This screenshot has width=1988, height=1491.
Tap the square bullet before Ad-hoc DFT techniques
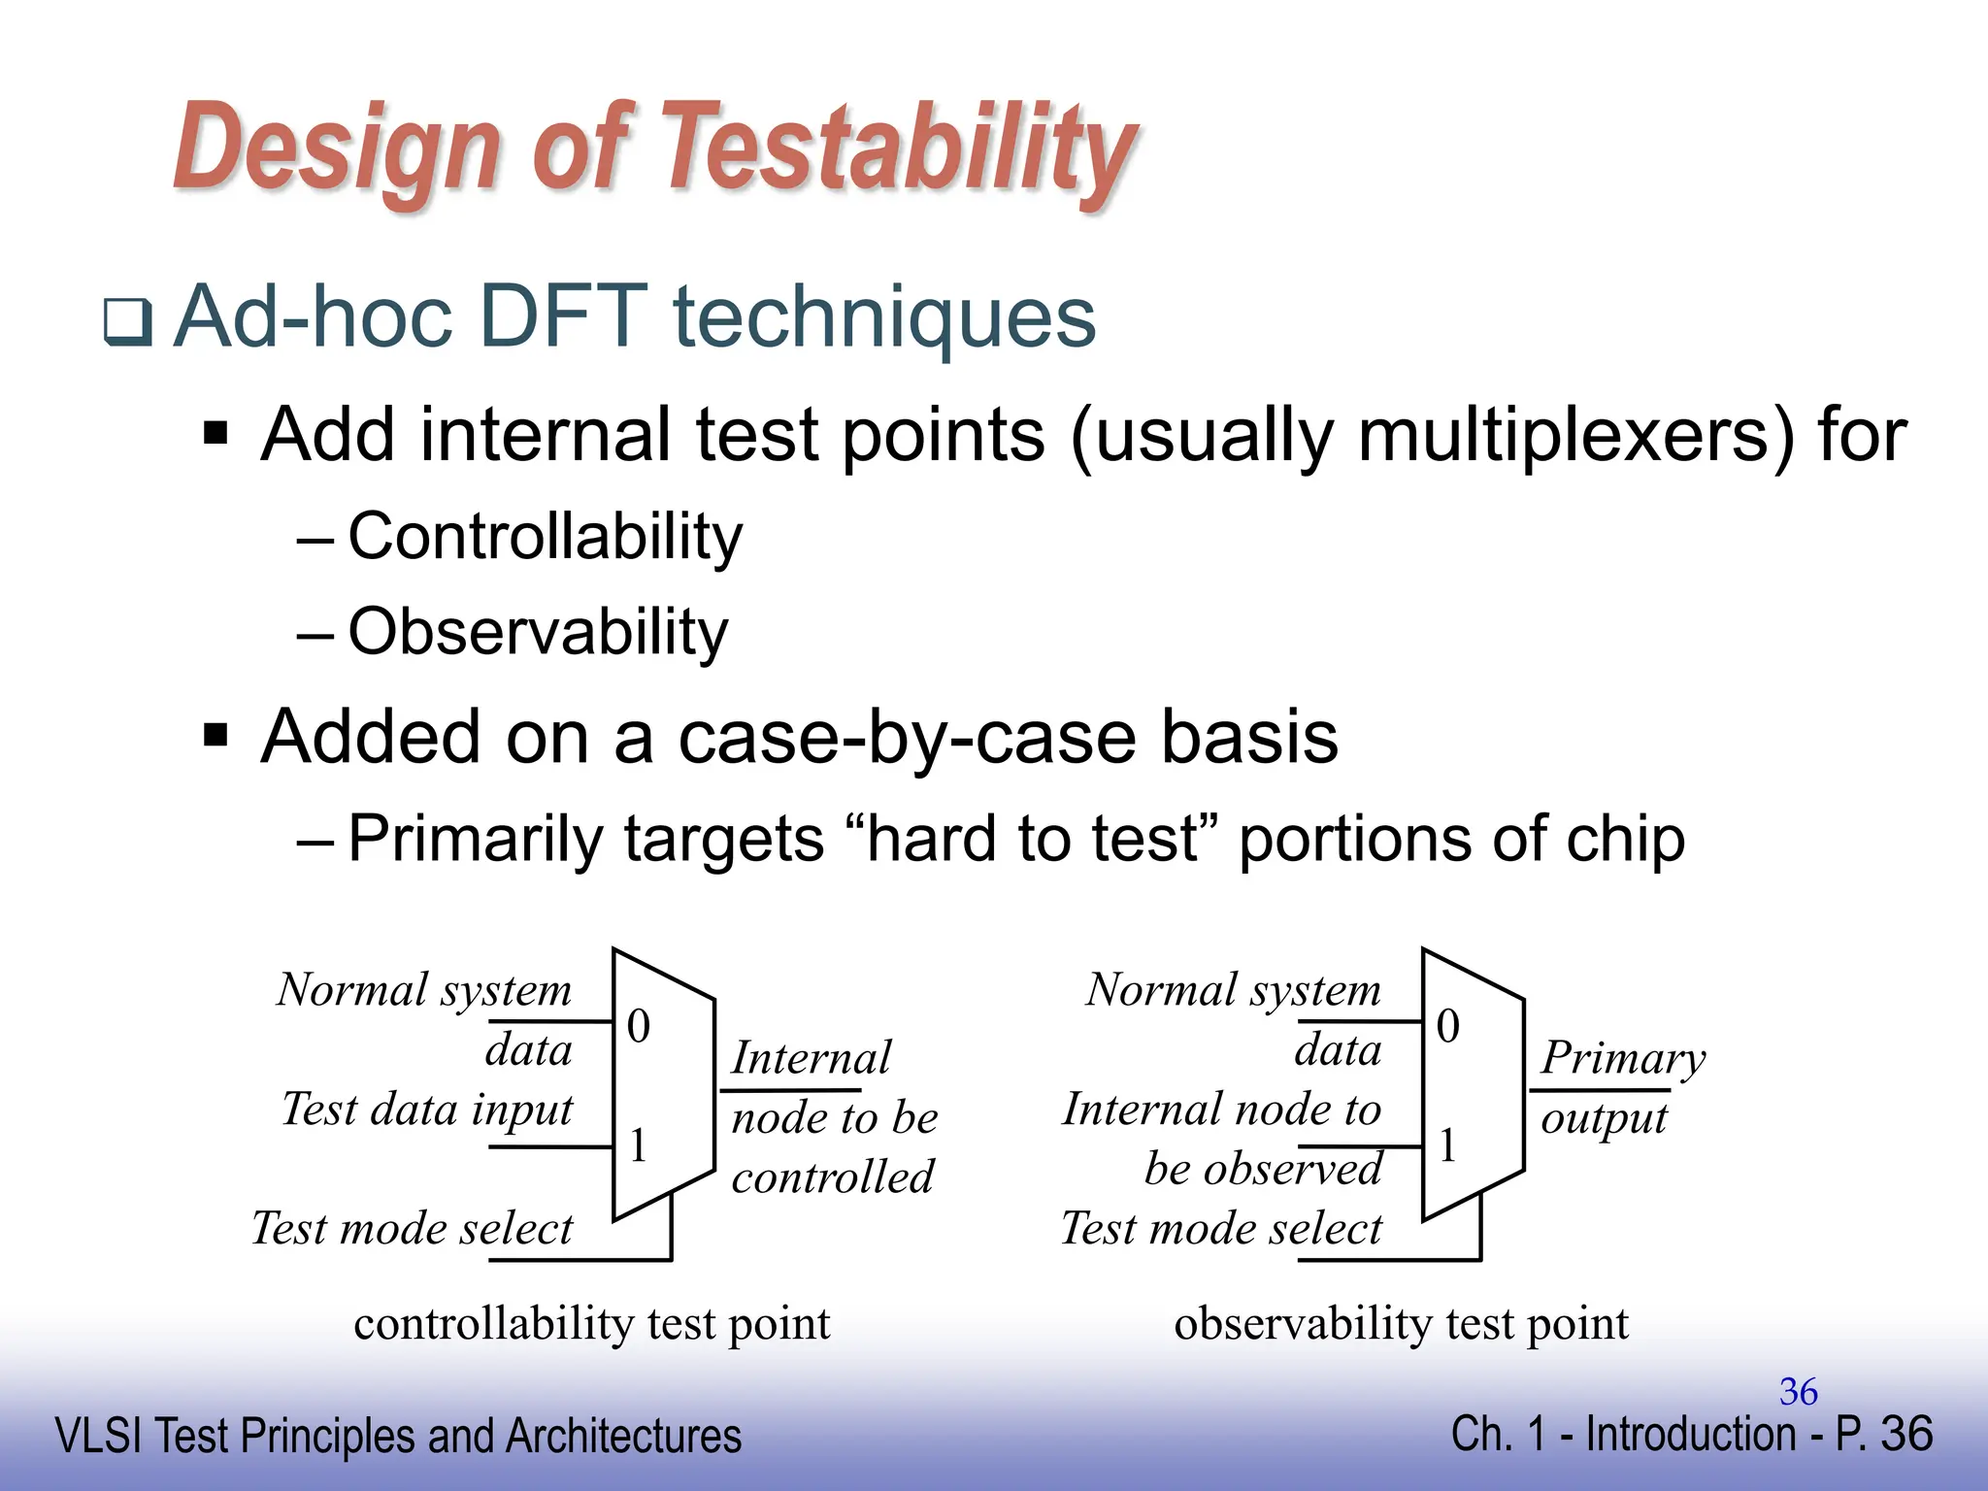(x=128, y=322)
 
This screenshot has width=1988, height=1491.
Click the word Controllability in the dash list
(x=545, y=537)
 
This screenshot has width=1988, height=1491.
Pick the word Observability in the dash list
(x=538, y=632)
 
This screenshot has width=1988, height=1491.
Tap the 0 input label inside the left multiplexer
(x=638, y=1026)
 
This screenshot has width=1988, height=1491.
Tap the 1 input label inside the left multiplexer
(x=638, y=1145)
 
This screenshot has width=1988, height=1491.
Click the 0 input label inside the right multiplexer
(x=1447, y=1026)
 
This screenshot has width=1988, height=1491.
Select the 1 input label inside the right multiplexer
(x=1447, y=1145)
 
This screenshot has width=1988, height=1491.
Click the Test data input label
(x=427, y=1110)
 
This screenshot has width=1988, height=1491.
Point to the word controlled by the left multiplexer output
(x=832, y=1177)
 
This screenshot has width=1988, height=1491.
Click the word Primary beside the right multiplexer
(x=1622, y=1058)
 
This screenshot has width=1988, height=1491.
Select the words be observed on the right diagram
(x=1262, y=1169)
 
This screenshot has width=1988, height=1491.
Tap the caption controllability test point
(x=591, y=1324)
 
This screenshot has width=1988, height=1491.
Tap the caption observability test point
(x=1401, y=1324)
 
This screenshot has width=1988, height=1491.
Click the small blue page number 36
(x=1798, y=1392)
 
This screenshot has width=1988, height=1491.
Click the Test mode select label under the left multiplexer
(x=413, y=1229)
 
